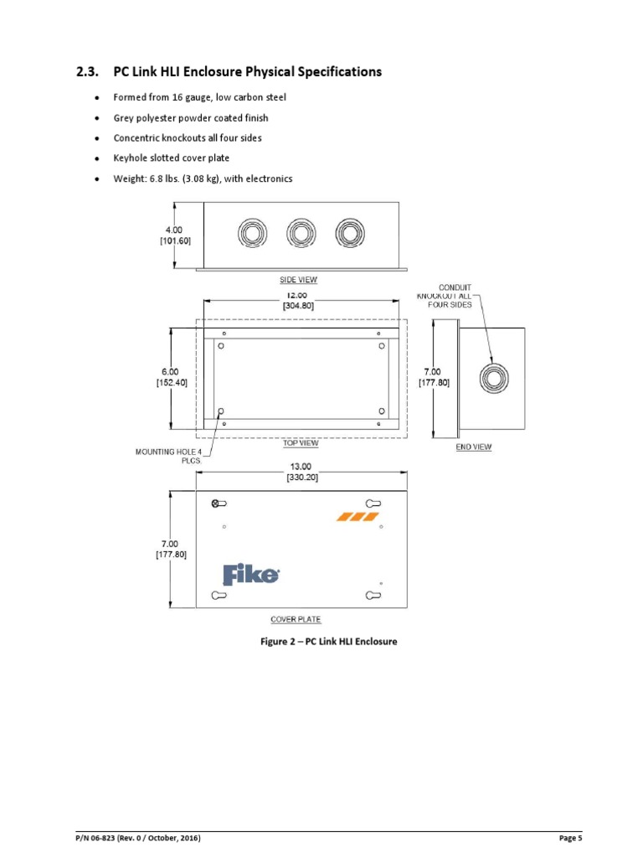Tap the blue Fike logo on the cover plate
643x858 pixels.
click(x=250, y=575)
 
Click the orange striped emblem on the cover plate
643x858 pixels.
click(x=358, y=516)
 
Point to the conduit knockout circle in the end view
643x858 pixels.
click(x=493, y=378)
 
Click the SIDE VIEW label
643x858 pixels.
click(x=298, y=280)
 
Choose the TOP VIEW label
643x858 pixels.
click(x=300, y=443)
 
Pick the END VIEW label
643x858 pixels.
click(x=473, y=447)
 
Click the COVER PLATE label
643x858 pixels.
click(x=296, y=620)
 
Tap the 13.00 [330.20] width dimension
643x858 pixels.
click(x=301, y=471)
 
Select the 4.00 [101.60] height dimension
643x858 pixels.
click(x=171, y=235)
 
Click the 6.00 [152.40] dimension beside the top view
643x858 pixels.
click(x=171, y=377)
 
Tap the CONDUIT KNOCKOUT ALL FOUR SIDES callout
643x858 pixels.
click(x=450, y=296)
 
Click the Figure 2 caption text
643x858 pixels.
click(x=327, y=642)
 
